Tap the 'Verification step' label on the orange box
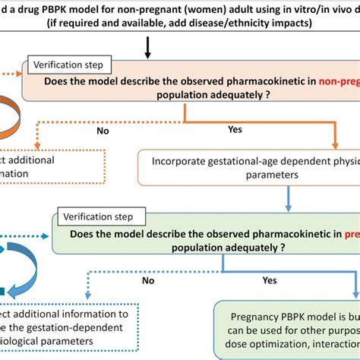click(x=70, y=66)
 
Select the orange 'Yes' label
click(x=235, y=130)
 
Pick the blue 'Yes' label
click(x=289, y=279)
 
